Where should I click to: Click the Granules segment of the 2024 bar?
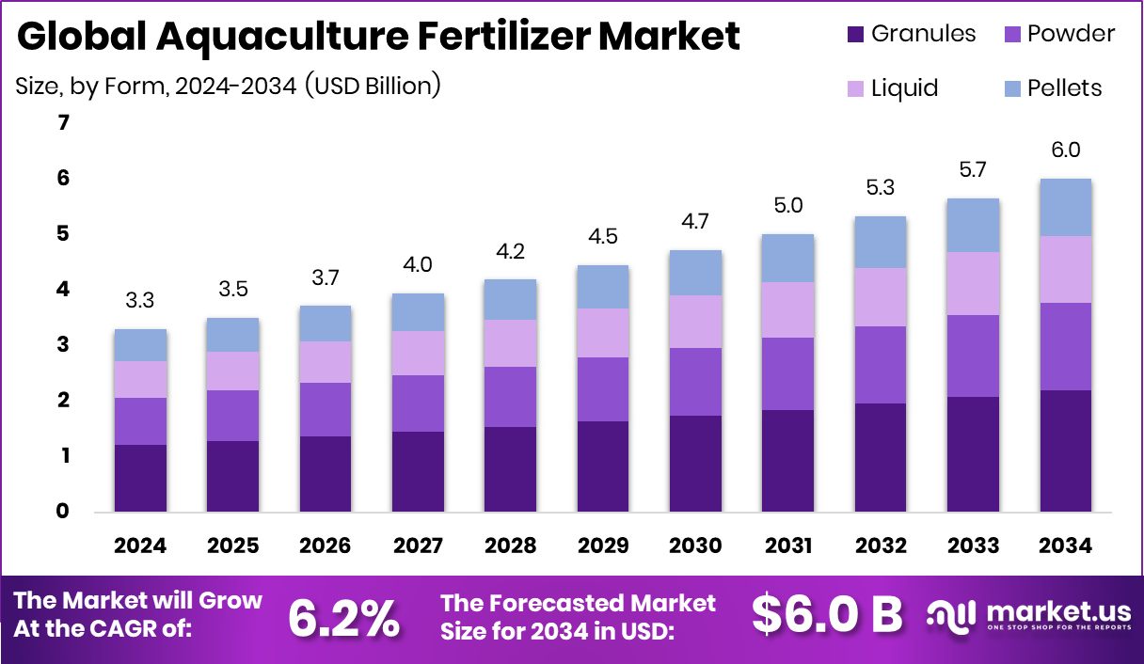(x=140, y=478)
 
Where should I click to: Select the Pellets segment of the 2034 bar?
(x=1065, y=207)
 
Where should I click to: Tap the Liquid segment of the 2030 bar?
(x=695, y=322)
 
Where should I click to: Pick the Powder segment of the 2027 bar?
(x=418, y=403)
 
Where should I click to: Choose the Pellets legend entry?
(x=1064, y=88)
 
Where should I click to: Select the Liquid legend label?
(x=904, y=88)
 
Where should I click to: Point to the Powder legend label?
(x=1071, y=35)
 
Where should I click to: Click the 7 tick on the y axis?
(x=63, y=122)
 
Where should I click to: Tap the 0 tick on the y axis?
(x=63, y=512)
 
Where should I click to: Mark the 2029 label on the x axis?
(x=602, y=546)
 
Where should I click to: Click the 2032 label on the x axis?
(x=881, y=546)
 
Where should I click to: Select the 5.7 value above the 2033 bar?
(x=973, y=171)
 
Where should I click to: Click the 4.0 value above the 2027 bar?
(x=418, y=266)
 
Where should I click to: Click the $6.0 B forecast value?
(x=827, y=615)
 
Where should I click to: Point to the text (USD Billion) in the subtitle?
(x=373, y=86)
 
